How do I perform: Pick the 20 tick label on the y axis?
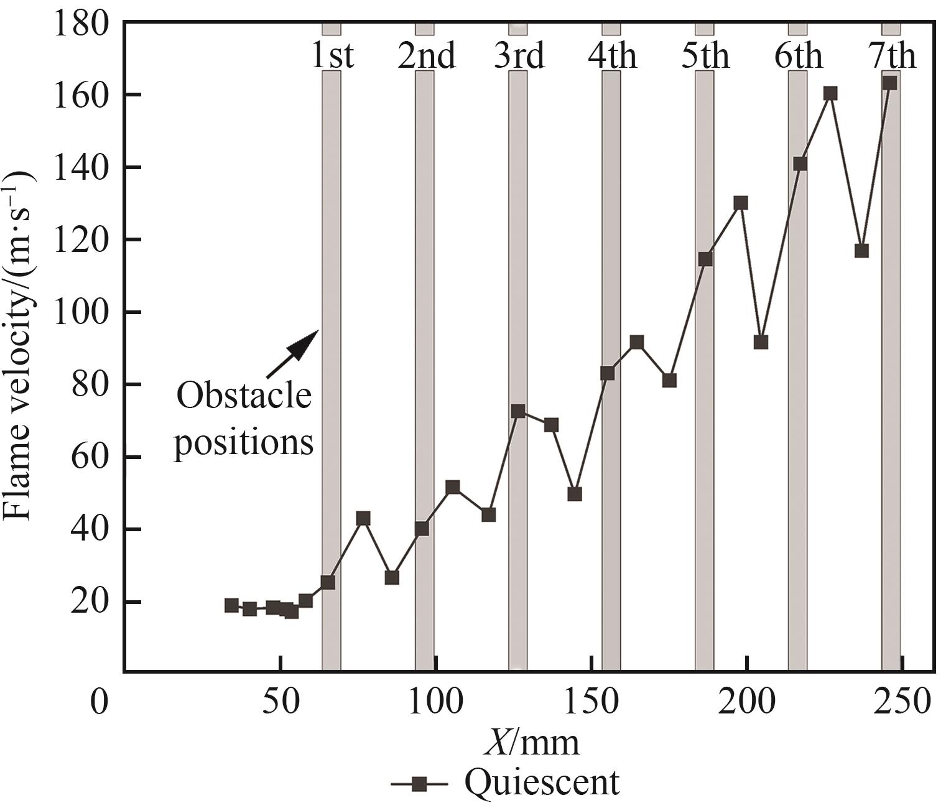coord(93,602)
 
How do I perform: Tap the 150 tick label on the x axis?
coord(591,703)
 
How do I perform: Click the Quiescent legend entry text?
coord(542,782)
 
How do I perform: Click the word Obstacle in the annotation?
coord(244,396)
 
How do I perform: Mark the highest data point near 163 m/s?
coord(890,83)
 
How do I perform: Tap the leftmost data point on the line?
coord(231,605)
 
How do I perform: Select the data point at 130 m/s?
coord(740,203)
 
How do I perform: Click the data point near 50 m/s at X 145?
coord(575,494)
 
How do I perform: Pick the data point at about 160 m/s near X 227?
coord(830,93)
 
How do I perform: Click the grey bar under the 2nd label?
coord(424,373)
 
